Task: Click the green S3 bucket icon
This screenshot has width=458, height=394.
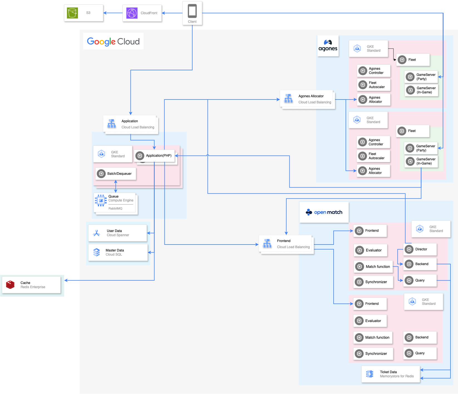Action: coord(73,13)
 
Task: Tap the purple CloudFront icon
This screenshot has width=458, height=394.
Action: coord(132,13)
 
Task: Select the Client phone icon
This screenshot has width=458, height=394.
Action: coord(192,11)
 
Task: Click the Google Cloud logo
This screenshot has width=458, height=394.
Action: coord(113,41)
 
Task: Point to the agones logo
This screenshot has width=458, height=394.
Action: coord(328,46)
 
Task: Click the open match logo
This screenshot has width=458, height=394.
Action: coord(324,212)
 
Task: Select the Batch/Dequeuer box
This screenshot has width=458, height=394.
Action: coord(116,174)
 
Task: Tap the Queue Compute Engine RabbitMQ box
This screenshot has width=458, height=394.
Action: coord(115,203)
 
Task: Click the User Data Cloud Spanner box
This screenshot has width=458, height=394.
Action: coord(117,233)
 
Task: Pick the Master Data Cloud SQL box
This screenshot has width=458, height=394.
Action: coord(118,252)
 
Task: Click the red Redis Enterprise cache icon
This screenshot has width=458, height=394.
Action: coord(10,285)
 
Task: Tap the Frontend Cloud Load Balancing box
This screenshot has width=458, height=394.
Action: coord(286,244)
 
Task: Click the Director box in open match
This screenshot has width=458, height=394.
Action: coord(420,249)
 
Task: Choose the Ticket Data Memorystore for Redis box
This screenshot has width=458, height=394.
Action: coord(390,374)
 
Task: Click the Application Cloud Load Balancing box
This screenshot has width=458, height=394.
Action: coord(130,124)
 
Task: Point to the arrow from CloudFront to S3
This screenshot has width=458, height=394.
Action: coord(113,13)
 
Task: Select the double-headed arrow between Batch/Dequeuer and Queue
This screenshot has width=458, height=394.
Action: coord(116,186)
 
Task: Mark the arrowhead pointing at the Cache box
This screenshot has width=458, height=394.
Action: coord(66,280)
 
